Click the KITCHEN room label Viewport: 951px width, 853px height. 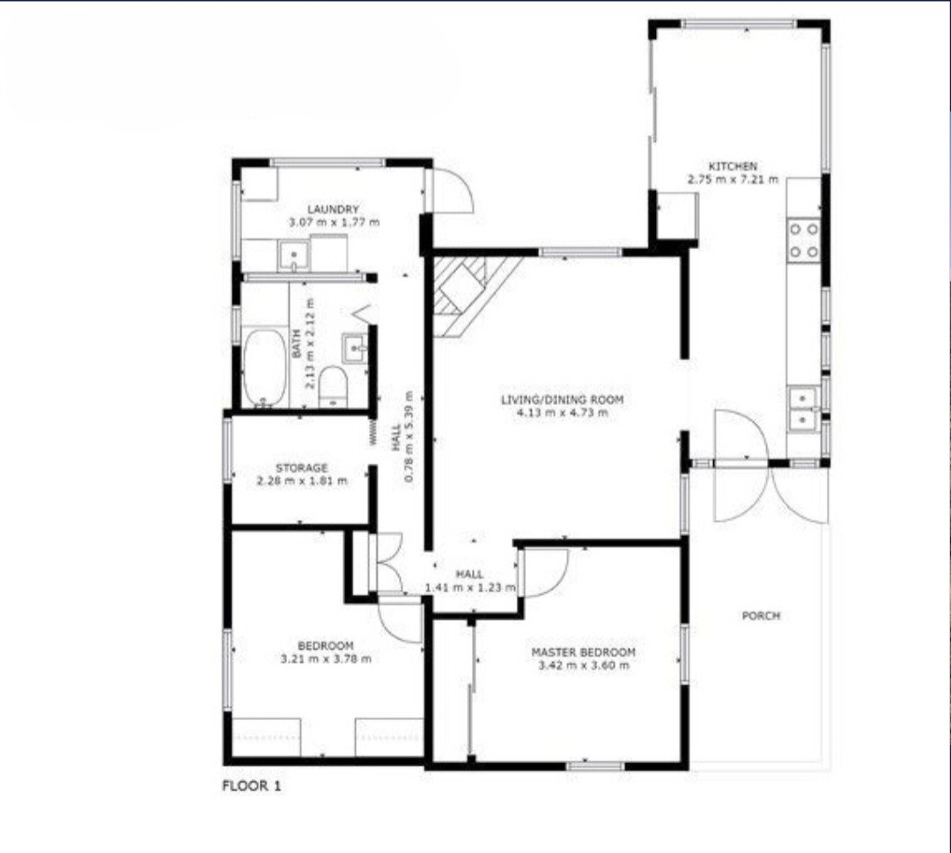(x=733, y=166)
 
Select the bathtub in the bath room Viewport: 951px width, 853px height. (x=264, y=368)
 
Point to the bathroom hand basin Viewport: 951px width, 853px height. (x=355, y=348)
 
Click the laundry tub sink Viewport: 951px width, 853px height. (x=294, y=256)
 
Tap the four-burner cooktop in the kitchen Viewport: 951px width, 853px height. (x=804, y=239)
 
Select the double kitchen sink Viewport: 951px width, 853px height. (x=804, y=409)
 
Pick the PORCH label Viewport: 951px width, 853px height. (x=761, y=616)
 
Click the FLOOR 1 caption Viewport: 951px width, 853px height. (x=253, y=786)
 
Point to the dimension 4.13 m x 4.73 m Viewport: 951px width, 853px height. (x=562, y=413)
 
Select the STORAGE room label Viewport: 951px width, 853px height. (x=301, y=468)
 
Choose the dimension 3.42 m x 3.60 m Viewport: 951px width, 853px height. (x=584, y=665)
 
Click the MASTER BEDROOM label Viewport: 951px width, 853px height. (x=584, y=652)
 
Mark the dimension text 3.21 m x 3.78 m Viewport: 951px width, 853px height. (x=326, y=659)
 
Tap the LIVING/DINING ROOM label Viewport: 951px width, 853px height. (x=562, y=400)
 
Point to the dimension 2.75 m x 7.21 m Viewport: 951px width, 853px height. (x=733, y=180)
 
